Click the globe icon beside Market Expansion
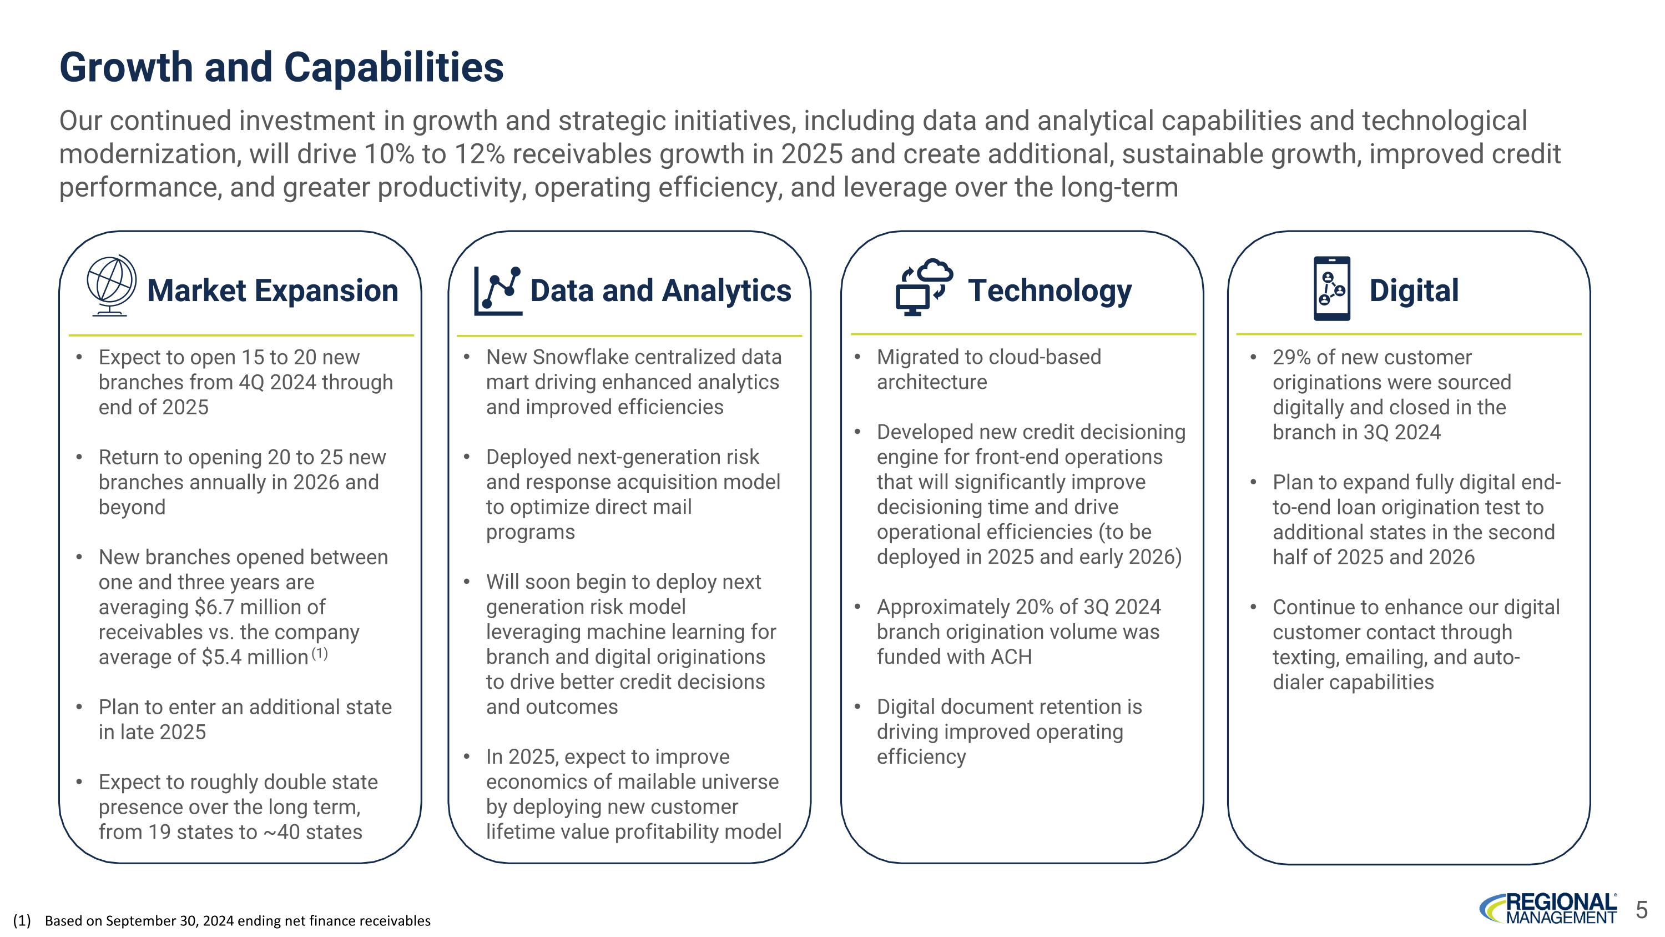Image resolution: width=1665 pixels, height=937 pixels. pos(111,285)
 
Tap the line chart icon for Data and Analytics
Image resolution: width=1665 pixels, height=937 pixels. pos(498,290)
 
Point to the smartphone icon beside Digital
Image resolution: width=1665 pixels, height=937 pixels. pos(1331,288)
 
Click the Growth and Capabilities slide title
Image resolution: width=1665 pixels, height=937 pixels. pos(281,67)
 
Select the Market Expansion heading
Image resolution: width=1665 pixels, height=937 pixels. pos(273,290)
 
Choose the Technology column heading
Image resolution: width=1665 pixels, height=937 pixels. pos(1050,290)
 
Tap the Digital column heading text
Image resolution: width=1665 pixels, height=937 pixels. pos(1414,290)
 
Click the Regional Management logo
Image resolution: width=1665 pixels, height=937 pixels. pos(1548,909)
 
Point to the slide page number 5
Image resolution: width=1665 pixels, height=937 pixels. pos(1642,910)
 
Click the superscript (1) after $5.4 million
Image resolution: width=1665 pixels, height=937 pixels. pos(319,654)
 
